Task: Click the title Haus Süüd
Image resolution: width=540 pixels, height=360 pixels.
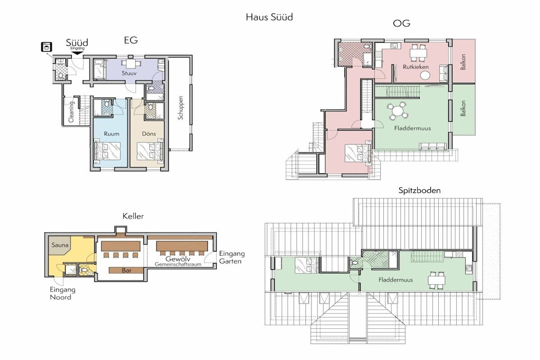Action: pos(269,17)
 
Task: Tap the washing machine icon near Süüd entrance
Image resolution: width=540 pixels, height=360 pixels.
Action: pos(46,46)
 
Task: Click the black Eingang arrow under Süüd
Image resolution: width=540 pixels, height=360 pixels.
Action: pos(77,53)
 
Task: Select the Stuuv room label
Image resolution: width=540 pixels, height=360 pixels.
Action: pos(129,73)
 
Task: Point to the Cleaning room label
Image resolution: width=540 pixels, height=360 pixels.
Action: pos(71,112)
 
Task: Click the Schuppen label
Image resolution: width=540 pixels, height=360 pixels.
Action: pos(180,108)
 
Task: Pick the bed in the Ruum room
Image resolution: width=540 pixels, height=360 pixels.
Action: pos(107,151)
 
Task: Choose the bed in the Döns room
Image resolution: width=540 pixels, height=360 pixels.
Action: pos(150,151)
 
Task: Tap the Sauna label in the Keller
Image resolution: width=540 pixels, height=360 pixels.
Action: pos(60,245)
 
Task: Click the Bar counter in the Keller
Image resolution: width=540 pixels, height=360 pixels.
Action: pos(127,270)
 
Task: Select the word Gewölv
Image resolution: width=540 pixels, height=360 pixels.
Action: pos(178,259)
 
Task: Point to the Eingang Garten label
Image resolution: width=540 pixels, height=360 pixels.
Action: pos(232,257)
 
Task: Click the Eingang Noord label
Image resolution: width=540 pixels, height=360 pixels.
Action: pos(62,294)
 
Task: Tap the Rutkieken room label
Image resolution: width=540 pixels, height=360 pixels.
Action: pos(416,67)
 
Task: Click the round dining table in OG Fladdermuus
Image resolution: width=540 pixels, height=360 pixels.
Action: pos(398,111)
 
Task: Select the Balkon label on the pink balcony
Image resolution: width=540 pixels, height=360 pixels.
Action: pos(463,62)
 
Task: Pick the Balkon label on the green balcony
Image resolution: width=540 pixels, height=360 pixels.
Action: pos(463,108)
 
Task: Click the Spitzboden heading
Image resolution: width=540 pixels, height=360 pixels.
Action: pos(419,190)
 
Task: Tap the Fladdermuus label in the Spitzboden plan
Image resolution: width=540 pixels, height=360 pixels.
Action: pos(396,280)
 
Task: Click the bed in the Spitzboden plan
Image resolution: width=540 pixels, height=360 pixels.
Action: pos(307,265)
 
